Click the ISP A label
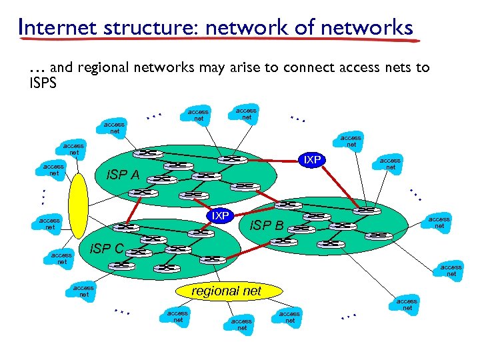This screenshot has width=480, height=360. click(x=123, y=175)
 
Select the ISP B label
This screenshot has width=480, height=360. click(x=266, y=225)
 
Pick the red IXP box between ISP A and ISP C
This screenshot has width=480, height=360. click(x=219, y=215)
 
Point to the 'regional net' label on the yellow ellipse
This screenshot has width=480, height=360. click(x=227, y=291)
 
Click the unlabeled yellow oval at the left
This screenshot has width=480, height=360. click(x=78, y=205)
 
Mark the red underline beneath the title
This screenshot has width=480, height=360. click(x=220, y=41)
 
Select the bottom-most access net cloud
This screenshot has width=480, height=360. click(x=242, y=324)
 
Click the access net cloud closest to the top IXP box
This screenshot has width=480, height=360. click(x=351, y=141)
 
